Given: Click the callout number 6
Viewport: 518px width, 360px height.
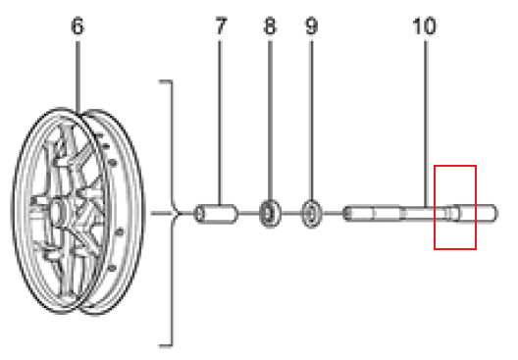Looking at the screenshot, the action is [78, 26].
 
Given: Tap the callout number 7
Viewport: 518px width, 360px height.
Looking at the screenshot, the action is [221, 26].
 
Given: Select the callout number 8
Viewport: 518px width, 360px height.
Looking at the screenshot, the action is [270, 26].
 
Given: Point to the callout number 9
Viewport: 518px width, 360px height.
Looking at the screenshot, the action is [311, 26].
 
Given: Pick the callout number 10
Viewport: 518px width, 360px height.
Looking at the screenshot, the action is [424, 26].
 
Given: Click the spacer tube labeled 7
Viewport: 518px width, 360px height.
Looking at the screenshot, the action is [216, 214].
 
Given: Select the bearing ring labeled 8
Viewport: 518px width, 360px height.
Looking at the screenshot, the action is [270, 214].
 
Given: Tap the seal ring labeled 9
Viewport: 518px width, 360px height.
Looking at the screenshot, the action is [311, 214].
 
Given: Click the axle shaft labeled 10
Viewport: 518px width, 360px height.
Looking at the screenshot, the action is [420, 214].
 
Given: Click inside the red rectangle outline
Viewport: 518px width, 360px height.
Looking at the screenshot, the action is [455, 207].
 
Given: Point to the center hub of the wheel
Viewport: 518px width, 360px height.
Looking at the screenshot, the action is [58, 211].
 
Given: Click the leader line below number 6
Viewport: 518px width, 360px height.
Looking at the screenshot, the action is [78, 77].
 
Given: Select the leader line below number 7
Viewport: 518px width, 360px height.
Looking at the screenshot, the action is [220, 123].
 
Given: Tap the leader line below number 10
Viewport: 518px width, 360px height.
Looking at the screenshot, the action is [426, 124].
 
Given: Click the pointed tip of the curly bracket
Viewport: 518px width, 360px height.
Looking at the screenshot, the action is [181, 214].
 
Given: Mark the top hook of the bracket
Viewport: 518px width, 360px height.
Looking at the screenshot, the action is [166, 80].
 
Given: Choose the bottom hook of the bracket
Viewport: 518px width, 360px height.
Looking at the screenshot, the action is [166, 345].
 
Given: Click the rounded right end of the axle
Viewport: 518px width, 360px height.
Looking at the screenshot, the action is [494, 214].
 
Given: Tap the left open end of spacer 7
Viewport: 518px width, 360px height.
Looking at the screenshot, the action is [199, 214].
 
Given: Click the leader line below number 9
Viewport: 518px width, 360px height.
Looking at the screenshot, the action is [311, 120].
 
